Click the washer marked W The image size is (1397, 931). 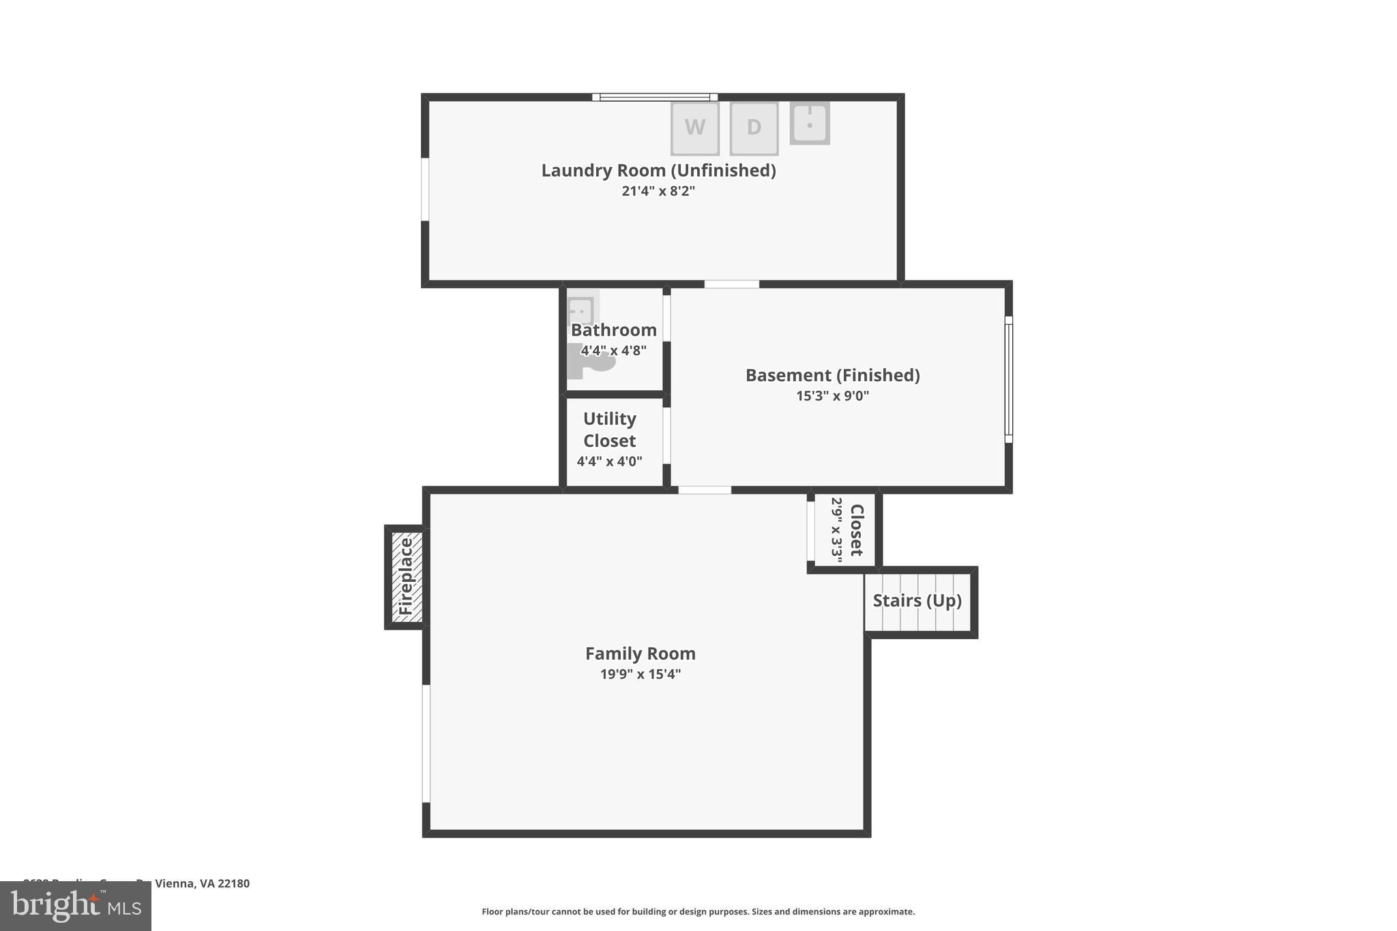[x=694, y=128]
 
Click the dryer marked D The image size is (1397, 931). [x=754, y=128]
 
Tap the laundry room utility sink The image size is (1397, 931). [x=810, y=123]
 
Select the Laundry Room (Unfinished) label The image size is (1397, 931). [x=658, y=171]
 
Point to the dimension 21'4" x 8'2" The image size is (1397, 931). [x=658, y=191]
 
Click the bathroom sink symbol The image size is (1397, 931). [x=581, y=310]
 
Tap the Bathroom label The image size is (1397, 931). [x=613, y=330]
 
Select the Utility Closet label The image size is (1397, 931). [x=609, y=430]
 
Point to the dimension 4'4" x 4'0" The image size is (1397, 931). [x=609, y=462]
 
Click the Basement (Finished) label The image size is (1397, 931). [x=832, y=375]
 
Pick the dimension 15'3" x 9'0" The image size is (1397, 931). [x=832, y=396]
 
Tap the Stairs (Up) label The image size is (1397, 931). [x=917, y=601]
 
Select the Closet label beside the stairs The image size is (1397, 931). [x=857, y=530]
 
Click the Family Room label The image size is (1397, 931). [x=640, y=653]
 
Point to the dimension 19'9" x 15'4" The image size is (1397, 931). [x=640, y=675]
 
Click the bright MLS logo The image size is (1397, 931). [x=76, y=906]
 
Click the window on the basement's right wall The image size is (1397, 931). [x=1008, y=379]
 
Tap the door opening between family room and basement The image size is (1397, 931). [x=704, y=490]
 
